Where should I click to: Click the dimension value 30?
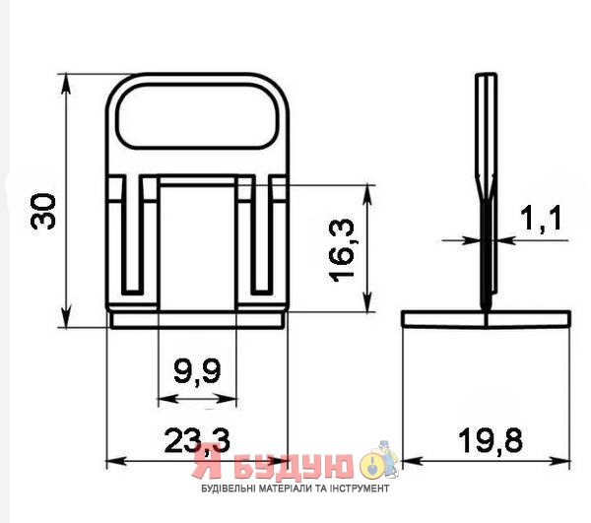(x=43, y=211)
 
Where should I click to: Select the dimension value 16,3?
(x=342, y=250)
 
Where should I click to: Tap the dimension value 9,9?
(x=197, y=370)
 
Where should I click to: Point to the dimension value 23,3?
(x=197, y=440)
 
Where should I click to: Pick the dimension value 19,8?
(x=491, y=440)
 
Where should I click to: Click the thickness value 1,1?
(x=541, y=218)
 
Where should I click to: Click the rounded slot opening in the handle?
(x=198, y=115)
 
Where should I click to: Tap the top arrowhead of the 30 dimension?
(x=66, y=84)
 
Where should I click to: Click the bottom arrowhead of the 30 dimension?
(x=66, y=318)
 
